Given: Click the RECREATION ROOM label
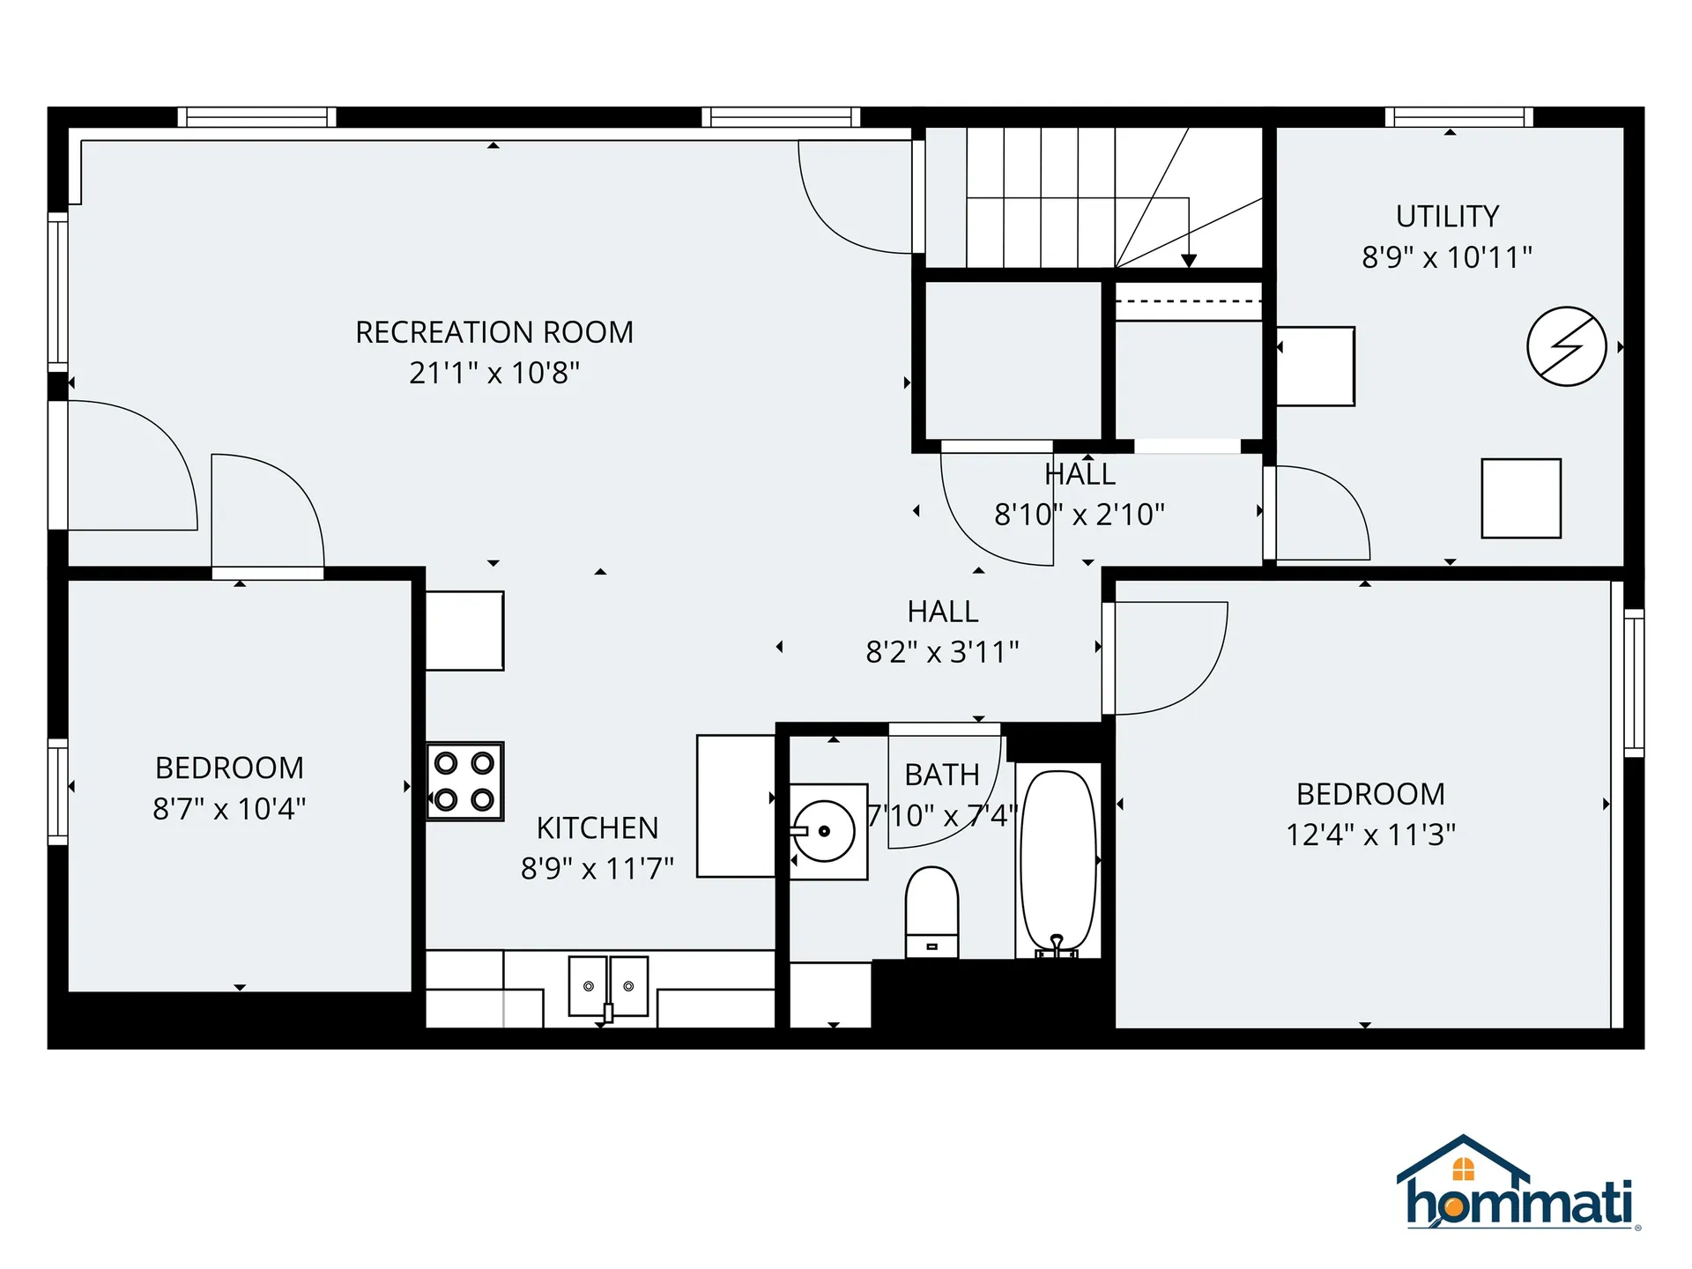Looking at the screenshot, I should click(494, 332).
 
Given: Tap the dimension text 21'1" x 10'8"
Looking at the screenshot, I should click(494, 373).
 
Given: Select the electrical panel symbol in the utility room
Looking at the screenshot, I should click(1566, 346).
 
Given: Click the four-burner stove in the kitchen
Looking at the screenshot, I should click(464, 782).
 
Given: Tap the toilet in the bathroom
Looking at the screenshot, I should click(931, 912).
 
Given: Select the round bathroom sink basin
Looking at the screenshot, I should click(824, 831).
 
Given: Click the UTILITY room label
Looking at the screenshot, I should click(1447, 216).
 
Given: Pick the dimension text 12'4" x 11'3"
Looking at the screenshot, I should click(1370, 835).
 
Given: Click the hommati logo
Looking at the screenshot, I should click(1518, 1185).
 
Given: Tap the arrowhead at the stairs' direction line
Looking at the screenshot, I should click(1189, 261).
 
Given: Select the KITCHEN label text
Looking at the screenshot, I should click(597, 828).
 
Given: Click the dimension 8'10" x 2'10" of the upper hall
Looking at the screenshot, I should click(1080, 514).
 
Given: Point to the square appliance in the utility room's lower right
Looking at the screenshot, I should click(1521, 498).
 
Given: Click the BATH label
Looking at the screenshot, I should click(942, 775).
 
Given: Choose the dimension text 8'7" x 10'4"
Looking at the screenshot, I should click(229, 808).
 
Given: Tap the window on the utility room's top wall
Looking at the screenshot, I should click(1458, 117).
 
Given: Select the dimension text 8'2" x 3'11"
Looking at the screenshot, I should click(942, 652).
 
